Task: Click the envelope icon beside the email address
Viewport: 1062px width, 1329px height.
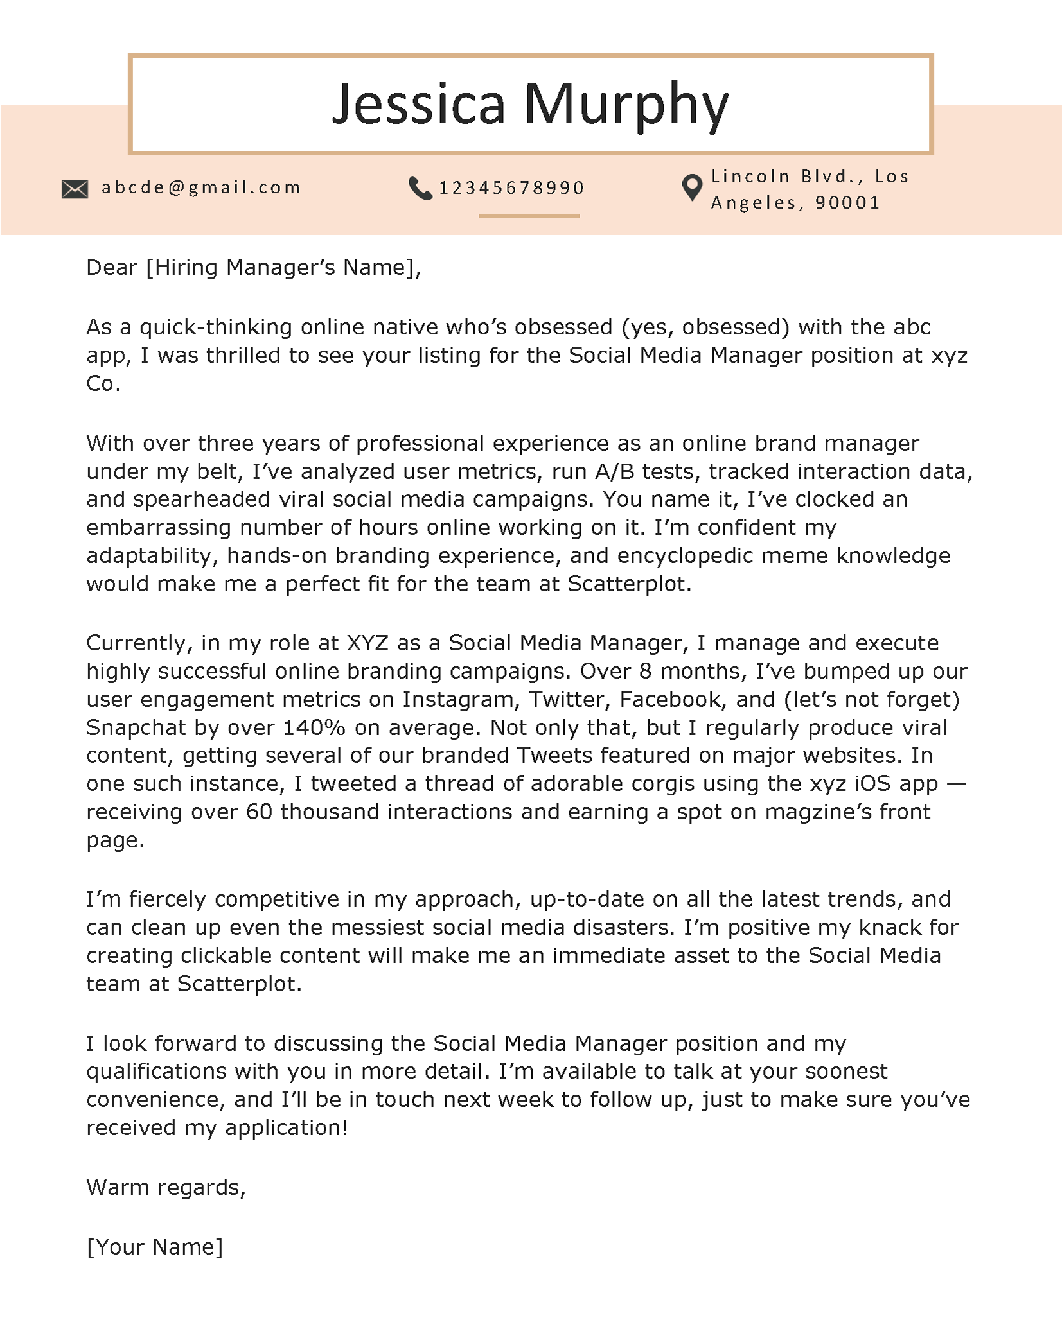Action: [75, 189]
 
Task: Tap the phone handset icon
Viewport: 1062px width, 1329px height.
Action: [420, 188]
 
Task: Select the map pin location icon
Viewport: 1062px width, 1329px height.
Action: [691, 188]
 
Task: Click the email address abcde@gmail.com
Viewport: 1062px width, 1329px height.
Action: [201, 187]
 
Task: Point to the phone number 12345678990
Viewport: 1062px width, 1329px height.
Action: [511, 188]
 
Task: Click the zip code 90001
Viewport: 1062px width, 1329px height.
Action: [847, 203]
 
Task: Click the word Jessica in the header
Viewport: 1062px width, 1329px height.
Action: [419, 104]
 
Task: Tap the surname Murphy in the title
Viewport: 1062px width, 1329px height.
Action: [626, 104]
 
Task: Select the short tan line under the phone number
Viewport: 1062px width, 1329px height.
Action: [529, 216]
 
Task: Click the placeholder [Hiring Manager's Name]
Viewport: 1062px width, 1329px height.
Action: [283, 268]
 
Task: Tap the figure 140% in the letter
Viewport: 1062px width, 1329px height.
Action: [314, 728]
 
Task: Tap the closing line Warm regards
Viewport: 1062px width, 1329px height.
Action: [166, 1188]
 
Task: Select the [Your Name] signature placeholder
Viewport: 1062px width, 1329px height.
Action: [154, 1247]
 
